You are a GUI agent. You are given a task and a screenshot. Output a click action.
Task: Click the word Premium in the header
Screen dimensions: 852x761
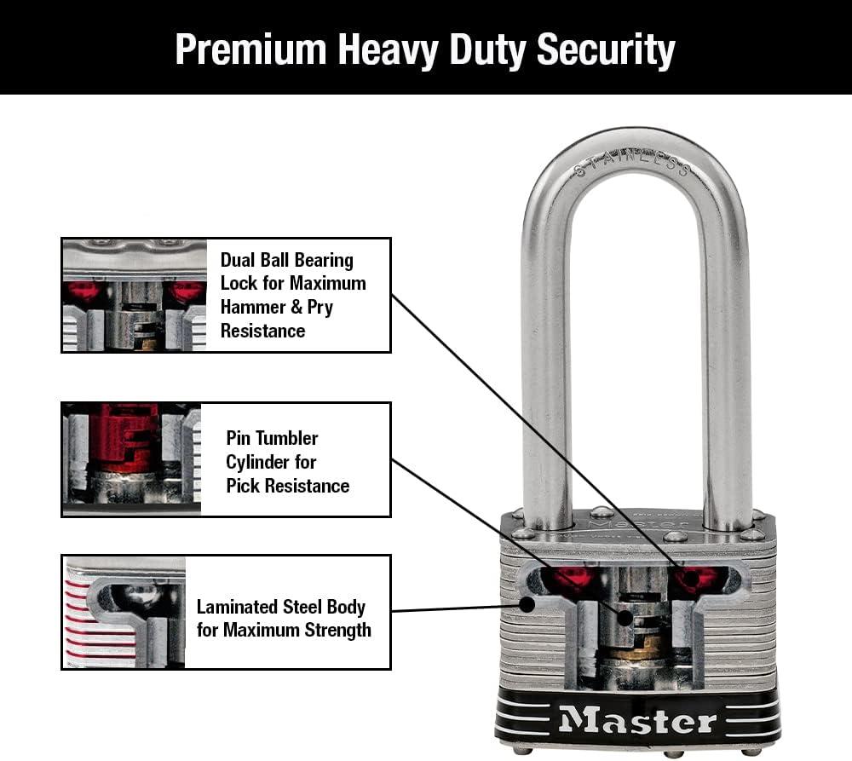(x=250, y=49)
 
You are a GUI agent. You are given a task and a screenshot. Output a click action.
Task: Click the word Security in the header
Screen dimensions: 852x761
(x=606, y=50)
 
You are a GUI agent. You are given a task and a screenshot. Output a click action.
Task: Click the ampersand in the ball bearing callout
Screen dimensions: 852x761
(x=296, y=307)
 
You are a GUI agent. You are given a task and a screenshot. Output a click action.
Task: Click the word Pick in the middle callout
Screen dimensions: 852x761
(x=242, y=486)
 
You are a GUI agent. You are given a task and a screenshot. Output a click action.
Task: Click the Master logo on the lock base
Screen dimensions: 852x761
(x=638, y=720)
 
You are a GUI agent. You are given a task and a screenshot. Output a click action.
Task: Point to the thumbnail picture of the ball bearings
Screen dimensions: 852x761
(x=135, y=295)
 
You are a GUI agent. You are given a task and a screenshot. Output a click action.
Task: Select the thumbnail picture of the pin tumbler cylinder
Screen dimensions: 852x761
(x=132, y=459)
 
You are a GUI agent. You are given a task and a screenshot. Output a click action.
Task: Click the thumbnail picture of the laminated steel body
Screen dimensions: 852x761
(x=124, y=612)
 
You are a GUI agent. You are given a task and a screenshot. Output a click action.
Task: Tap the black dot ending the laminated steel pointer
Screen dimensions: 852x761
(x=527, y=603)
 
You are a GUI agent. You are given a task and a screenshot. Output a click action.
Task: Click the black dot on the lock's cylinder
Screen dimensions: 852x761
(x=625, y=618)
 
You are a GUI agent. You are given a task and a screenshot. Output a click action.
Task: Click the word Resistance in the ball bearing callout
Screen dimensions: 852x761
(x=262, y=331)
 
